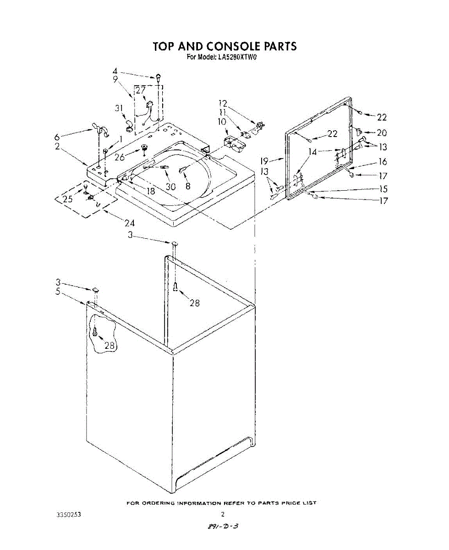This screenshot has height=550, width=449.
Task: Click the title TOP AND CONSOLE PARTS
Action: pos(224,47)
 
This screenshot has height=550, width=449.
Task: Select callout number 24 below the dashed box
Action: pos(129,223)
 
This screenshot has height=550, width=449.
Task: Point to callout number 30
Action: pos(170,187)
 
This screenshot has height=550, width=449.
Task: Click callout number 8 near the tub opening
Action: pos(187,186)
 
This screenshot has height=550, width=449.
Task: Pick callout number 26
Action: pos(120,157)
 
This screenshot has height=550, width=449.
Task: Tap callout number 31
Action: pos(120,109)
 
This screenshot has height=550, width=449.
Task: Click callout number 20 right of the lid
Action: pos(382,133)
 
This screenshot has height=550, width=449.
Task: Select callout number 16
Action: pos(382,161)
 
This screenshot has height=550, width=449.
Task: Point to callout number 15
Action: pos(383,189)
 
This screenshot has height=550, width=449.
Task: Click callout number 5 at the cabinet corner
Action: pos(58,291)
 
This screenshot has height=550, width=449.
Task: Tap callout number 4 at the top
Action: pos(115,71)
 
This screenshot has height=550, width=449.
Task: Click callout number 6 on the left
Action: pos(57,137)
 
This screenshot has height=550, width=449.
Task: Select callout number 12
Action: pos(223,104)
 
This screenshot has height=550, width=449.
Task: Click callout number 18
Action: pos(150,191)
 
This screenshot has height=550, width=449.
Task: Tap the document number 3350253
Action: pos(68,514)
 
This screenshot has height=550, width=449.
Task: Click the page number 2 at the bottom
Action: pos(223,514)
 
